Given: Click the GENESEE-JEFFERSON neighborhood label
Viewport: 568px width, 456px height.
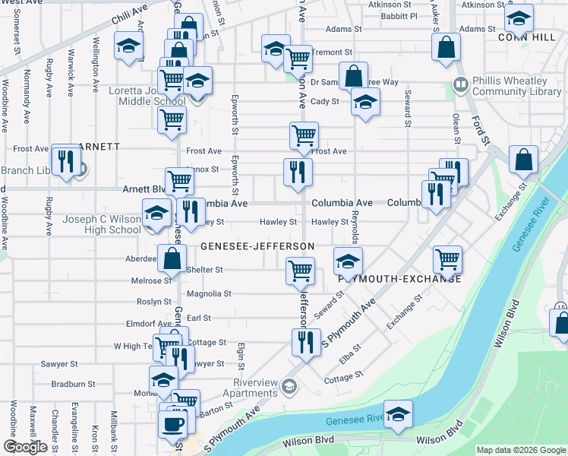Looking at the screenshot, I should pos(257,247).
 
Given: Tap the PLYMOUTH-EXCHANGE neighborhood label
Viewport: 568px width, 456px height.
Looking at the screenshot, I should pos(400,279).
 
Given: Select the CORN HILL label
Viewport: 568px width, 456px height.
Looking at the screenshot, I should pos(522,36).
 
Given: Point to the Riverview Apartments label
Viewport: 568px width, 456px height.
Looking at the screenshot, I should pos(250,388).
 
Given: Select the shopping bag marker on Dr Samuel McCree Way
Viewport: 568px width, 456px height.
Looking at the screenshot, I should pos(353,76).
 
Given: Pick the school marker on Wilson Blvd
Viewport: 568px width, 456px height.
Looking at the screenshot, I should pos(398,415).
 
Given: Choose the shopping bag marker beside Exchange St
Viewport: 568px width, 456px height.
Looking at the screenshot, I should pos(523,160).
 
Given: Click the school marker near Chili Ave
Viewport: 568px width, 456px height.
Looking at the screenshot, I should pos(129,47).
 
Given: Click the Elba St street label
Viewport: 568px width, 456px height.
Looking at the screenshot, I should pos(351,353).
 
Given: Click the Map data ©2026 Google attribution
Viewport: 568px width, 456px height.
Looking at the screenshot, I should pos(520,450).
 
